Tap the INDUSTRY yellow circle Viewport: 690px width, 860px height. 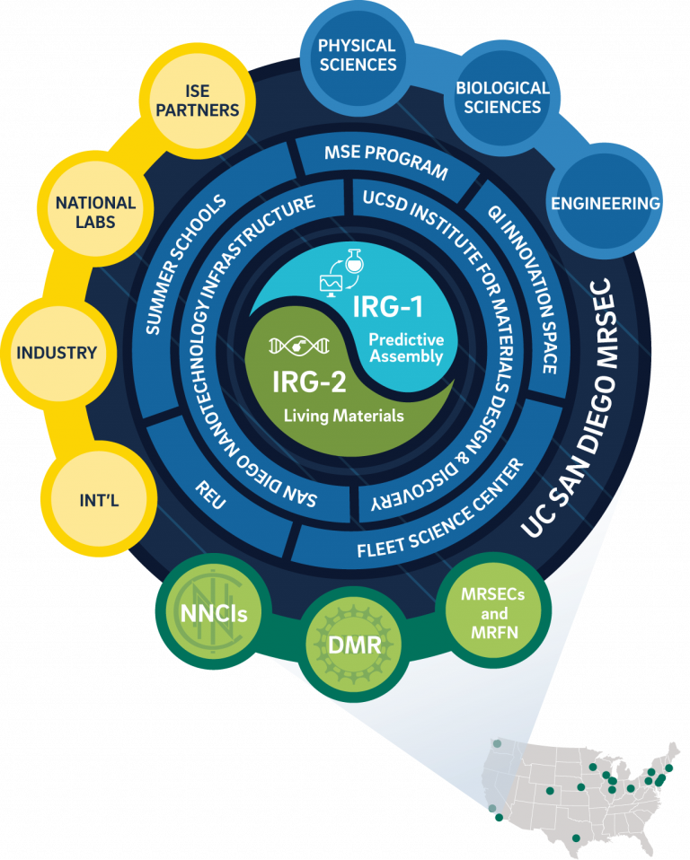(56, 352)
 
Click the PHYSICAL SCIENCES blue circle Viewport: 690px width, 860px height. (357, 55)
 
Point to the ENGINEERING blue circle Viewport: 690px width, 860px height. (605, 203)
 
